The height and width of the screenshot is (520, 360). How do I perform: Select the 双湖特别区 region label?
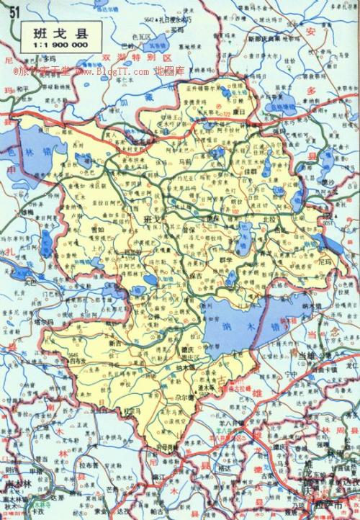(137, 55)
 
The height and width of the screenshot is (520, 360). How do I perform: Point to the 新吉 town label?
(114, 344)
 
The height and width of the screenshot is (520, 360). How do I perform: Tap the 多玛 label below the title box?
(48, 58)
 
